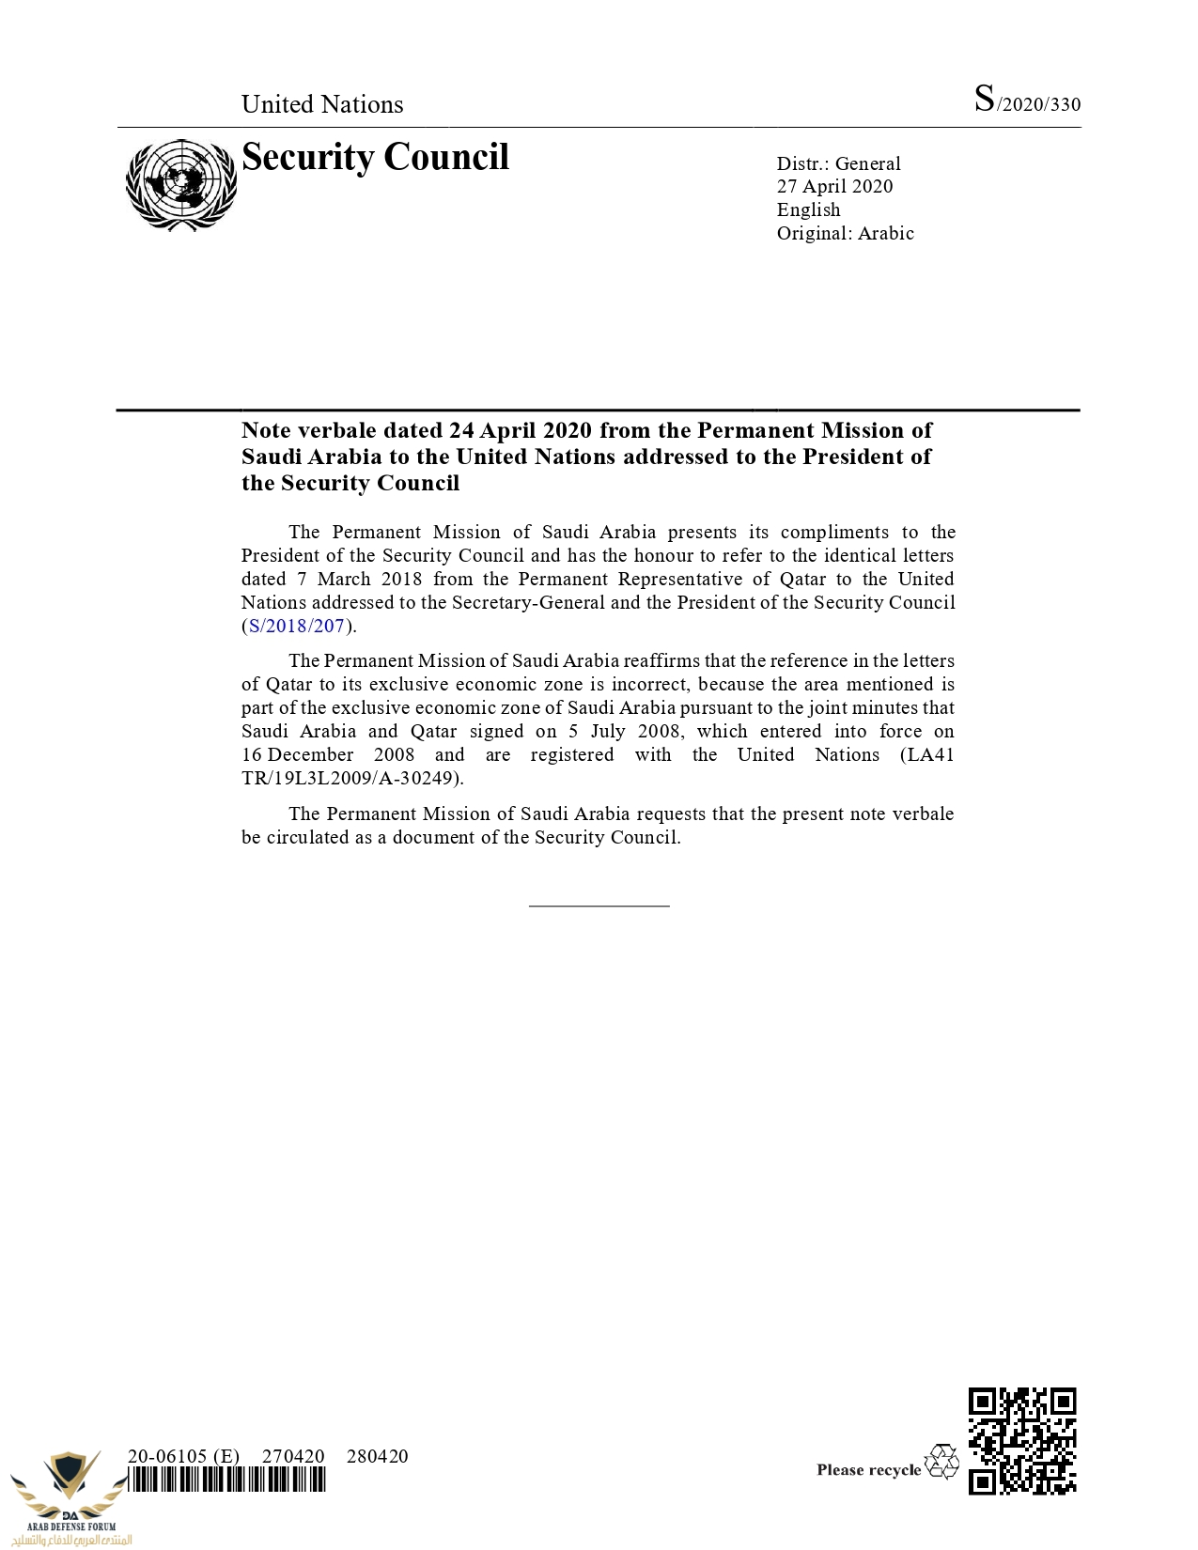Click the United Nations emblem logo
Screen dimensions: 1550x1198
180,185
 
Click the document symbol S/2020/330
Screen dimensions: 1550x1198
1027,101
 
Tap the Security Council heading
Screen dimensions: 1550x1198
375,157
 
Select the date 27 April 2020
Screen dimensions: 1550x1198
834,186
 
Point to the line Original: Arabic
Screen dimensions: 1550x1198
845,233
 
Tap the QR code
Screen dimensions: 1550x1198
1021,1440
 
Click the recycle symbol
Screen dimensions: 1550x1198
941,1462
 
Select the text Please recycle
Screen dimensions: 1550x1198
868,1470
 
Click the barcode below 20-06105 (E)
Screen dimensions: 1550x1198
226,1481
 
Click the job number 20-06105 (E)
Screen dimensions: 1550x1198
183,1456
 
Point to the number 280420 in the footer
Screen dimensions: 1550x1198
377,1456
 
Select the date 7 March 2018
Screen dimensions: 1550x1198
360,579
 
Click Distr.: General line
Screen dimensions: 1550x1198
838,163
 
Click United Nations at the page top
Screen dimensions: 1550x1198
322,104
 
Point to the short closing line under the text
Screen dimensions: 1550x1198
599,906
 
